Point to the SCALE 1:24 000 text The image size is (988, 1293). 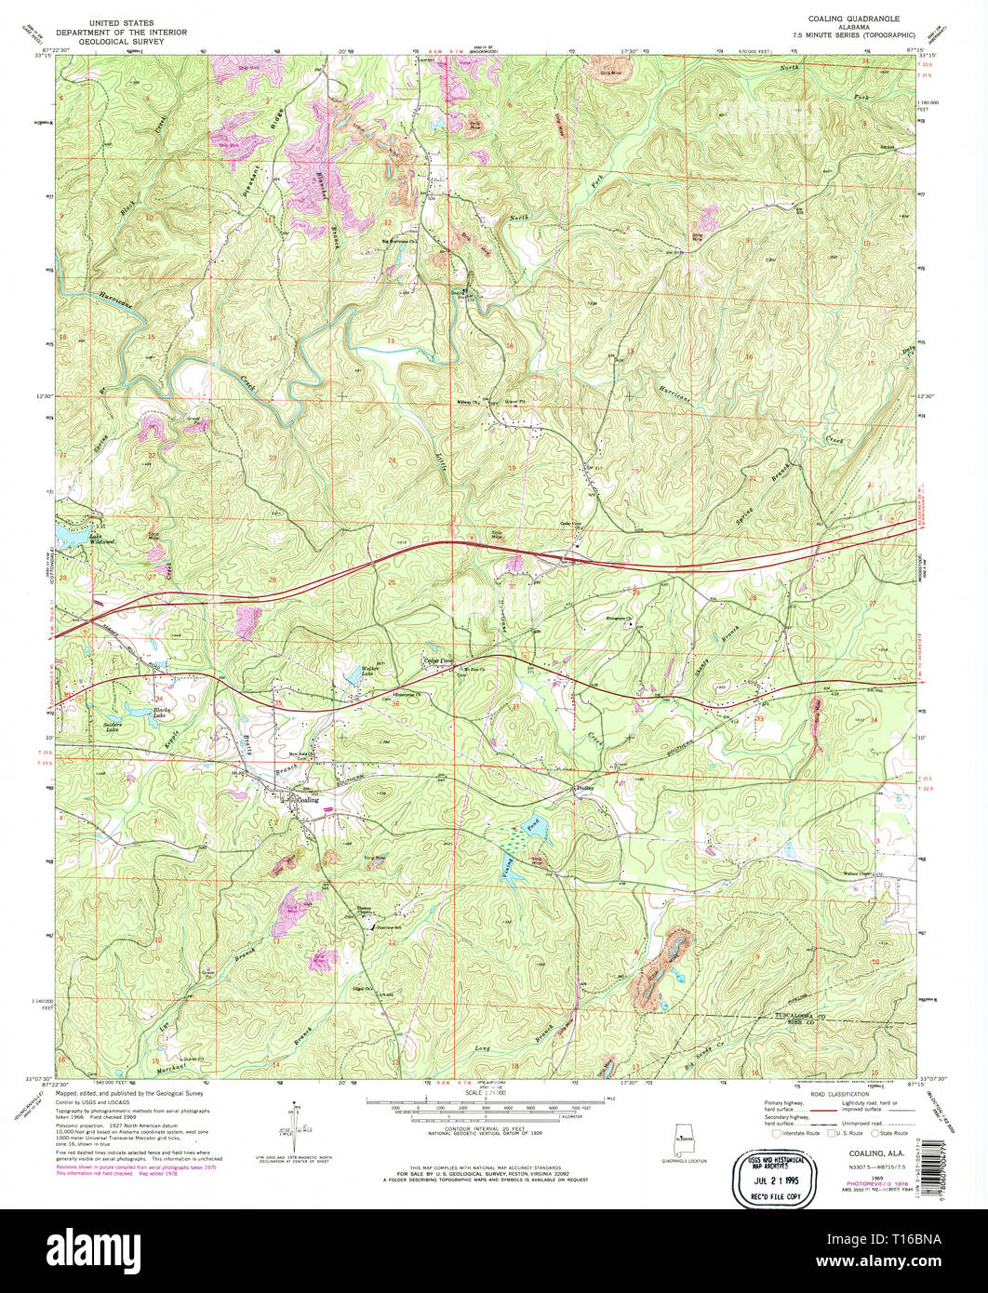(x=485, y=1093)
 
